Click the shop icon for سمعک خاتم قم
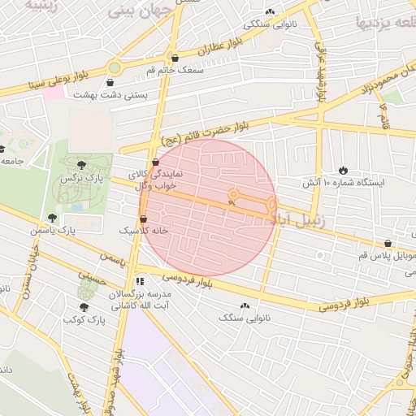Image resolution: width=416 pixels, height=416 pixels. point(175,58)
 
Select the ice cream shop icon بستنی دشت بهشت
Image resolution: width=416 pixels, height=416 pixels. point(110,81)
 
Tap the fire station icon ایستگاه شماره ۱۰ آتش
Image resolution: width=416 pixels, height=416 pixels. point(343,169)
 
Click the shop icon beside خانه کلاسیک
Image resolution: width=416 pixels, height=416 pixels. point(144,219)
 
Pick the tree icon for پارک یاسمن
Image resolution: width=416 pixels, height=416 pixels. point(53,218)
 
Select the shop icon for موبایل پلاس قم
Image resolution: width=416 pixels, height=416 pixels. point(388,243)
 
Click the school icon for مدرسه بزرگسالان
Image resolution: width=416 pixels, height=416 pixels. point(139,280)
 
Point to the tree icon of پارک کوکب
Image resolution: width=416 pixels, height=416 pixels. point(84,307)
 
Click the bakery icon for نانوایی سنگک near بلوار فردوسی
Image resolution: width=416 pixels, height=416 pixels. point(245,306)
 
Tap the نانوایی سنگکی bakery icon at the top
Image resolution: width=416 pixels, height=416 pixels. point(271,11)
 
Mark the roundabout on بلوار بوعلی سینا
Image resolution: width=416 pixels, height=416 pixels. point(115,68)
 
